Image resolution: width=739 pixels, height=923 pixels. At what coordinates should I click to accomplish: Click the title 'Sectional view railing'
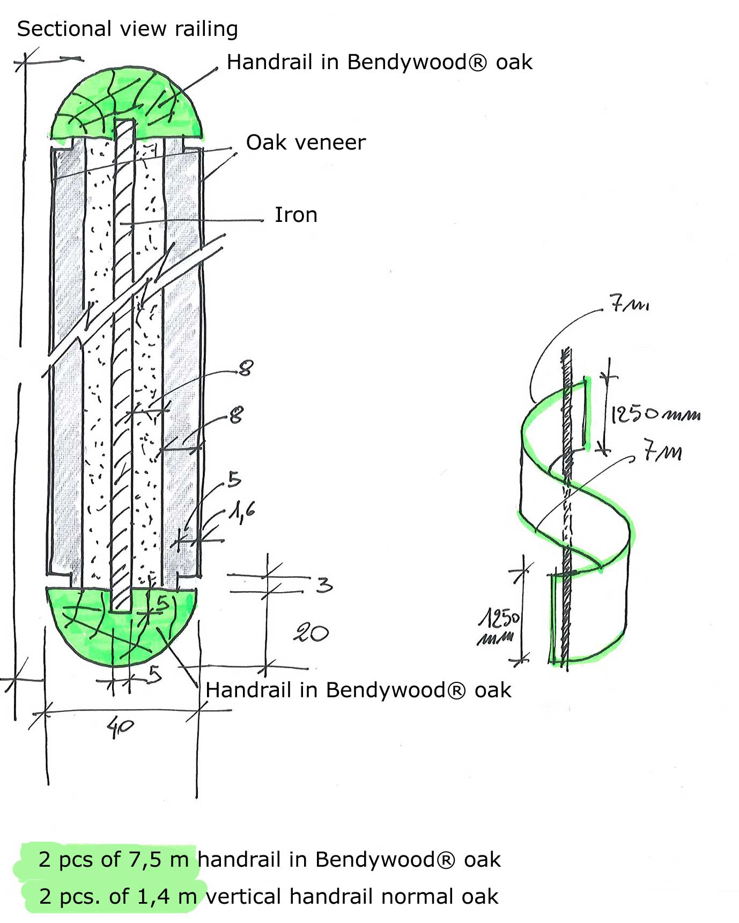127,29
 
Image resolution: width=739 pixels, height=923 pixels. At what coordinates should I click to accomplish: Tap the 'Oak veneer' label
306,143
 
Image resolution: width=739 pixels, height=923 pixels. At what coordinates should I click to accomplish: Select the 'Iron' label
296,215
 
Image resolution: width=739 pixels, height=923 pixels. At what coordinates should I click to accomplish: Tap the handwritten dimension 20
311,633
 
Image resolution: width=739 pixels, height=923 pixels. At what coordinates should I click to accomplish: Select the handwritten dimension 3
324,584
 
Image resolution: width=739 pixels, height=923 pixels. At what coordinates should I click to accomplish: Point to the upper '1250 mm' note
655,414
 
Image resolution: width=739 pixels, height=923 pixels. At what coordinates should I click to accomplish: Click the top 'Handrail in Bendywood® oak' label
379,62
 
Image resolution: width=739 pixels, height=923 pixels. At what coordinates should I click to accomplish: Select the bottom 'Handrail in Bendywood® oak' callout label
358,690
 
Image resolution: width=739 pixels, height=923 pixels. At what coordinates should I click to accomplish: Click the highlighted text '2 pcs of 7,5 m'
113,859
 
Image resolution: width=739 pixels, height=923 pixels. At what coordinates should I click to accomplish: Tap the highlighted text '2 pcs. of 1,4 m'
117,896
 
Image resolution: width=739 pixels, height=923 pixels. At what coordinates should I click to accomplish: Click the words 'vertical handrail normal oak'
352,896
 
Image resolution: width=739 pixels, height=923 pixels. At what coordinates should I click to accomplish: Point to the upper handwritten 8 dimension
246,368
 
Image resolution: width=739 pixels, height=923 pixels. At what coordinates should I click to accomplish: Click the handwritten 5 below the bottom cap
155,673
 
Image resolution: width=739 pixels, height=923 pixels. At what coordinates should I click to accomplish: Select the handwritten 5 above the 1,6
234,479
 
